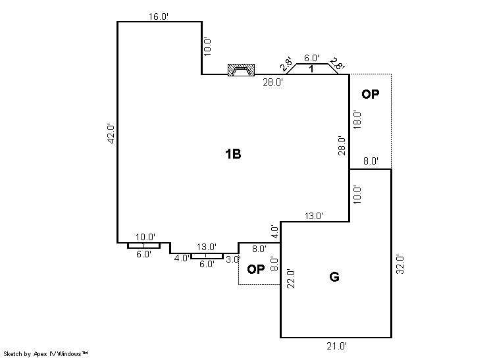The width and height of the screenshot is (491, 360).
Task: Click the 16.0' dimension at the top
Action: pos(159,16)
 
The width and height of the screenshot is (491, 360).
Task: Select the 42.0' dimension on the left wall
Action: pos(111,134)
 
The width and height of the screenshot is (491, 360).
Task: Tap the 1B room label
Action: pos(233,154)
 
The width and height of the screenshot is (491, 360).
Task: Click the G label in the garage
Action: pos(334,276)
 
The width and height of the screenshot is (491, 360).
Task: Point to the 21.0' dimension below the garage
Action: pos(336,346)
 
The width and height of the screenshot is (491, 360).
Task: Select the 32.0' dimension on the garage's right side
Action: pos(400,265)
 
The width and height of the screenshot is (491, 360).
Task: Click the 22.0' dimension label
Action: pos(291,278)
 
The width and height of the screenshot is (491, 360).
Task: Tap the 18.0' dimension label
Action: pos(357,120)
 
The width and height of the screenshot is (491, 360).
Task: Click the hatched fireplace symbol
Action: pos(241,70)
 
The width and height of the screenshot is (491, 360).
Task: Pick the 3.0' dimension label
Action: pos(233,259)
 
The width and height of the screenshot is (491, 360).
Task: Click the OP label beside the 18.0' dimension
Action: pos(371,94)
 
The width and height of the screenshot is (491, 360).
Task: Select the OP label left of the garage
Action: pos(256,269)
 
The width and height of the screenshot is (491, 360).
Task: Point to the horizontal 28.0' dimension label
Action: pos(273,82)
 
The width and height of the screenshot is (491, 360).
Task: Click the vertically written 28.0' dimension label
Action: pos(342,145)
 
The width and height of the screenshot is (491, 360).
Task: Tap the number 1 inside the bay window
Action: pos(311,69)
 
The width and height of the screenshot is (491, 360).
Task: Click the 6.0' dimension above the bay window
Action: pos(311,58)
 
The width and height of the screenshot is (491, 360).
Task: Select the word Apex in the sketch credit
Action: pos(40,354)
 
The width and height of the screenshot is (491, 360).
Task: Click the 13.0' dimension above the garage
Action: pos(314,216)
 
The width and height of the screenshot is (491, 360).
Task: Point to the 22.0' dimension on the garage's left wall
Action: pos(291,278)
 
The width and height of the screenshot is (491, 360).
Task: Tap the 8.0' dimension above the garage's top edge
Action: pos(371,161)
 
